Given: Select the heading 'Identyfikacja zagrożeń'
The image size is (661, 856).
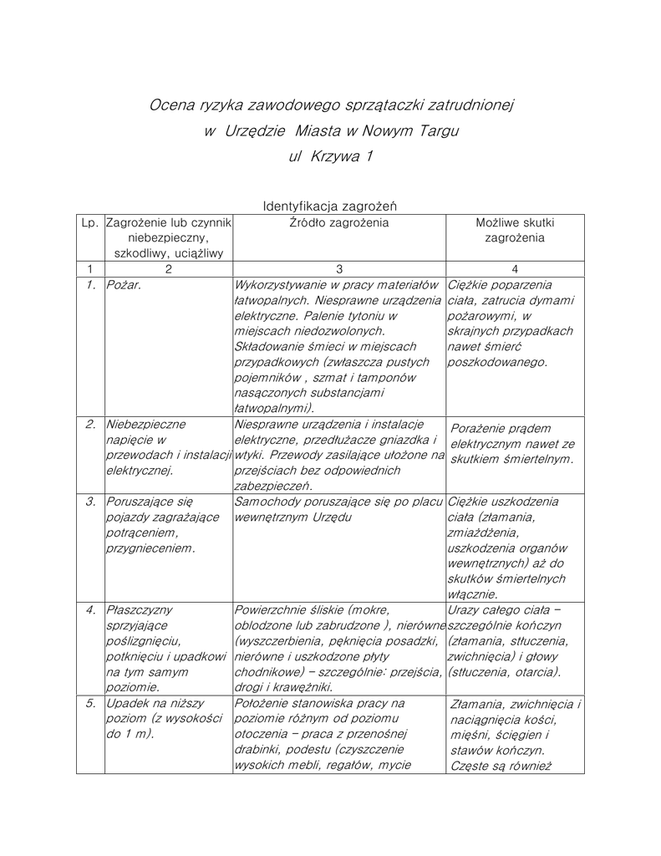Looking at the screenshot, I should coord(330,206).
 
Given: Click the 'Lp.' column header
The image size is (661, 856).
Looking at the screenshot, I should coord(90,223).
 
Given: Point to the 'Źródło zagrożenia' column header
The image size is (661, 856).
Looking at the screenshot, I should coord(339,223).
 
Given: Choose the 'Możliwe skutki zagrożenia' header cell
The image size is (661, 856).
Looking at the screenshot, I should coord(515,231).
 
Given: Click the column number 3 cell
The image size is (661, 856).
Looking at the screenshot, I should coord(339,269).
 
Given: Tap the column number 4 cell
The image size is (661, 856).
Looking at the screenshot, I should coord(515,269).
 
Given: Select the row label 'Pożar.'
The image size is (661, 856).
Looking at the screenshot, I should coord(125,286).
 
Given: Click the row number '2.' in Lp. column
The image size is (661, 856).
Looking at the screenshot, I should coord(90,424).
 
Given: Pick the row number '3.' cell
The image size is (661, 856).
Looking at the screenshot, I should coord(90,502).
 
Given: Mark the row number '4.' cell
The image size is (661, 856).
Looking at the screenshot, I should coord(90,609).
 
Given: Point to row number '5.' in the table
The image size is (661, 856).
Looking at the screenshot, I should coord(90,703).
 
